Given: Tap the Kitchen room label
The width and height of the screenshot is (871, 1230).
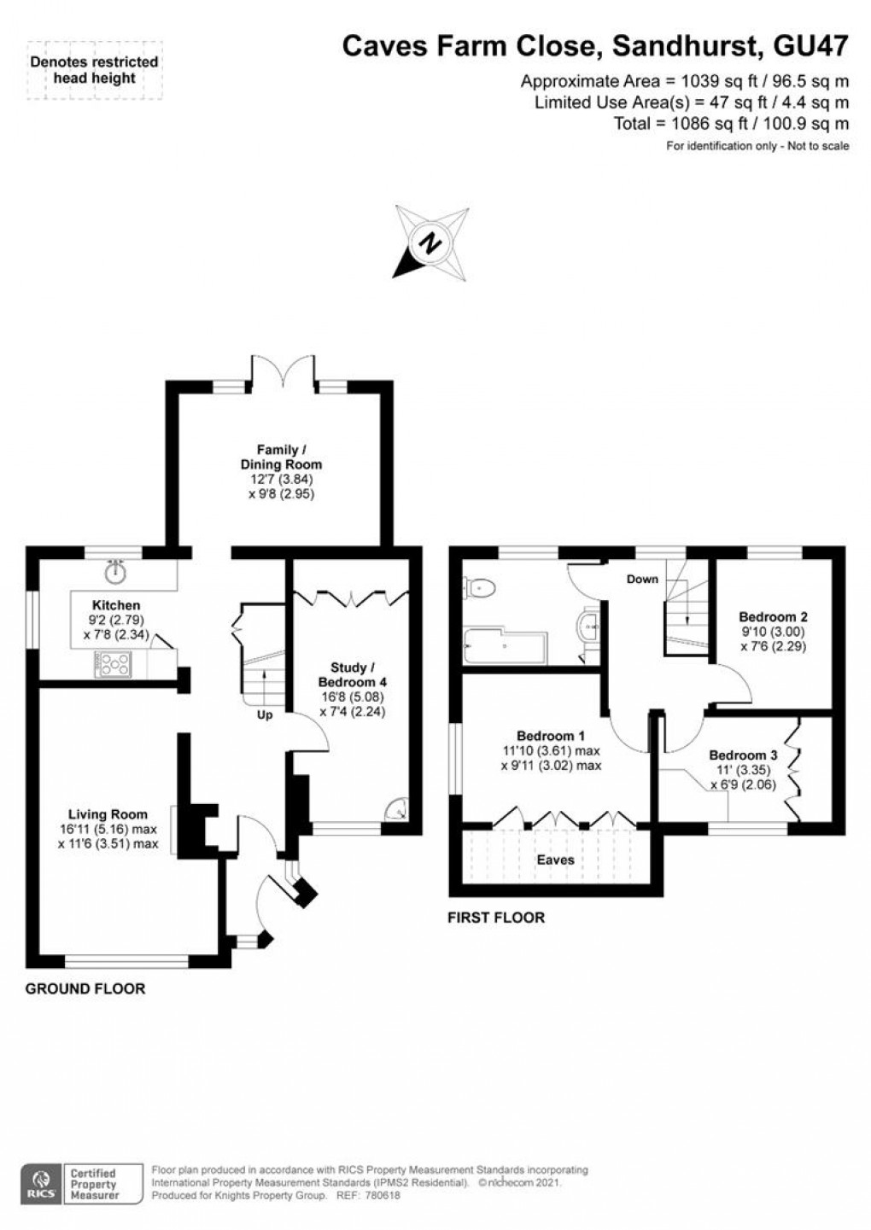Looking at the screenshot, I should pyautogui.click(x=117, y=605).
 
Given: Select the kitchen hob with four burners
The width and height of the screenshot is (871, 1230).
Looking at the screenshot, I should pyautogui.click(x=113, y=664).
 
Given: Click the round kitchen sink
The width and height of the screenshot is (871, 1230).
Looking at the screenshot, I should pyautogui.click(x=115, y=569).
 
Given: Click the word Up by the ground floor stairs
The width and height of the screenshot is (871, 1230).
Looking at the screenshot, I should pyautogui.click(x=265, y=715).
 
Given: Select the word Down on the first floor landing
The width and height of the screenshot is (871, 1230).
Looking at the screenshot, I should pyautogui.click(x=642, y=580).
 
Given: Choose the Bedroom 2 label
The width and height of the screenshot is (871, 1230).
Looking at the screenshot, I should pyautogui.click(x=773, y=616).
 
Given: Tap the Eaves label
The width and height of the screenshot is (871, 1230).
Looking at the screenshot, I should pyautogui.click(x=555, y=860).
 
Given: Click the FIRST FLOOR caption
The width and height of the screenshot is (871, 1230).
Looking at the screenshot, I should pyautogui.click(x=496, y=918).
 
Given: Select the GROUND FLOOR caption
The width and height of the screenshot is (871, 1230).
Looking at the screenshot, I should pyautogui.click(x=85, y=988).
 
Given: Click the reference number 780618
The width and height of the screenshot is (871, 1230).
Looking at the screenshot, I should pyautogui.click(x=383, y=1196).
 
